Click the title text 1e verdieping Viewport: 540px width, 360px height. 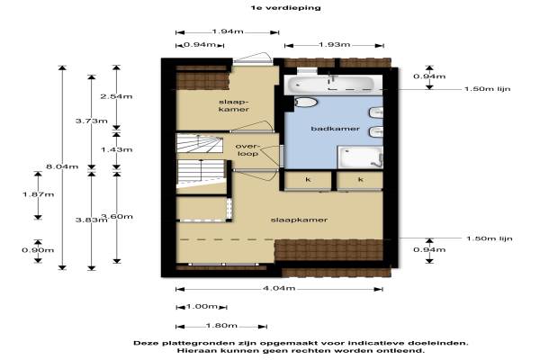click(x=286, y=7)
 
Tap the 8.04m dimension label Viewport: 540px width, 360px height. click(x=62, y=166)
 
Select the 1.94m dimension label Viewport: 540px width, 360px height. click(x=228, y=31)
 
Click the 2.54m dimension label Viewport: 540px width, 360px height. click(x=116, y=96)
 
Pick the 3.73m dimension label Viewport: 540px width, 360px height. click(x=91, y=121)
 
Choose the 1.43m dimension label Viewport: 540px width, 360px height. click(x=116, y=149)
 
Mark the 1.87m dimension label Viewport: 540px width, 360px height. click(x=38, y=194)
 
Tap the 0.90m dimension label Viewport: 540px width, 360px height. click(x=38, y=250)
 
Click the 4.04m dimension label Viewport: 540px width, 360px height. click(x=279, y=288)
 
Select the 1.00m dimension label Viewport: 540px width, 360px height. click(x=202, y=306)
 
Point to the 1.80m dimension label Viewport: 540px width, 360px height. click(x=221, y=326)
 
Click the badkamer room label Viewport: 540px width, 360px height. click(x=335, y=129)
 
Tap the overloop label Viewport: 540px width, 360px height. click(x=247, y=150)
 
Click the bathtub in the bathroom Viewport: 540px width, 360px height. click(x=331, y=84)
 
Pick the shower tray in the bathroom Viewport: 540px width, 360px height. click(x=360, y=157)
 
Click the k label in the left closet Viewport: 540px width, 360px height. click(x=308, y=179)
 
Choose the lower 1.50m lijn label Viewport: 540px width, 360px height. click(x=490, y=238)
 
